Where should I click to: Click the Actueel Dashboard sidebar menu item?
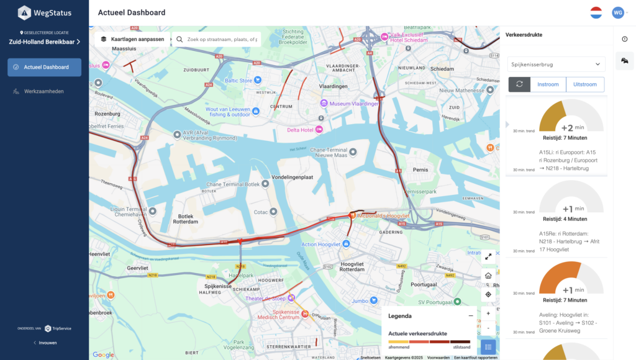point(44,67)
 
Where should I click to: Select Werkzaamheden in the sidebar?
point(43,91)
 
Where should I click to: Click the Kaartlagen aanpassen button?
point(132,39)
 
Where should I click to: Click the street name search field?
point(217,39)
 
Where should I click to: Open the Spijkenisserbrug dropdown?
point(556,64)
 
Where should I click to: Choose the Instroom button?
point(548,84)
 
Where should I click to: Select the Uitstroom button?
point(585,84)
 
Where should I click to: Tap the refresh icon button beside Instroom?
point(519,84)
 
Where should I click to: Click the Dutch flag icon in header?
point(596,12)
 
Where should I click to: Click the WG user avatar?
point(617,12)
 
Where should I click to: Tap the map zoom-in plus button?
point(488,313)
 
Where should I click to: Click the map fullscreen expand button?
point(488,256)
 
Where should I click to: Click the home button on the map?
point(488,276)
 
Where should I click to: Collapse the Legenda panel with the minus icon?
point(471,316)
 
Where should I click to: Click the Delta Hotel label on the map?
point(300,130)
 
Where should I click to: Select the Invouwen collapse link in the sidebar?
point(45,343)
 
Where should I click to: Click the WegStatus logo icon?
point(24,12)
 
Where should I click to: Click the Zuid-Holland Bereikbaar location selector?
point(44,42)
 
